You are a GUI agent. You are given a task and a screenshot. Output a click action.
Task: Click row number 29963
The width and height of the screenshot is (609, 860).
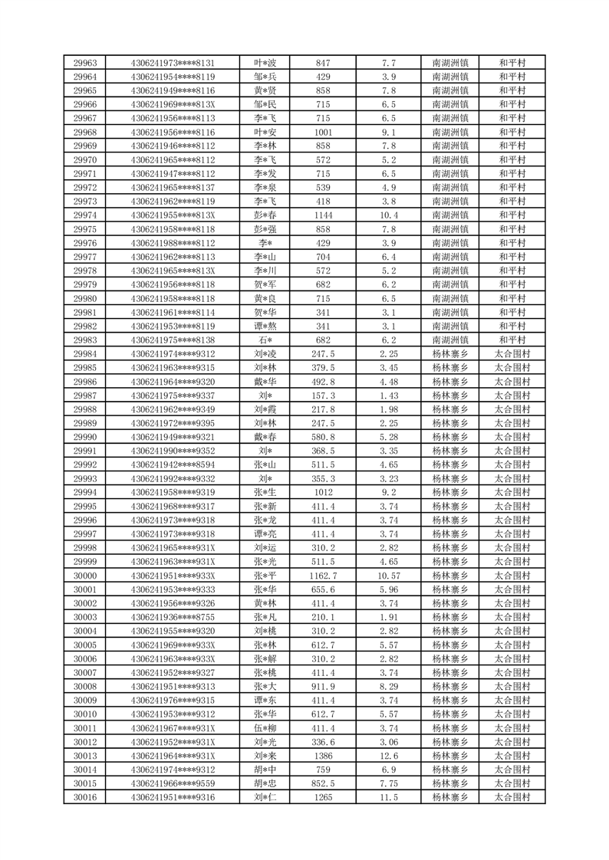point(84,63)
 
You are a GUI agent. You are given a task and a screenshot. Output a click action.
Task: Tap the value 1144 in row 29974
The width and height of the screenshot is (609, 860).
point(323,215)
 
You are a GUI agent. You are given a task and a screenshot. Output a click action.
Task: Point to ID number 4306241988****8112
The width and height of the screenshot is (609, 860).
point(173,243)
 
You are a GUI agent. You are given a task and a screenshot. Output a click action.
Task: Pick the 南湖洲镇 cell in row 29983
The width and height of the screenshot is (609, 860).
point(451,340)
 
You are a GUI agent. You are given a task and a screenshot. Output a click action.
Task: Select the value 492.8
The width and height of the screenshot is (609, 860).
point(323,382)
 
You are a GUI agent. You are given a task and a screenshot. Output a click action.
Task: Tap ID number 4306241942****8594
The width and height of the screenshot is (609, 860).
point(173,464)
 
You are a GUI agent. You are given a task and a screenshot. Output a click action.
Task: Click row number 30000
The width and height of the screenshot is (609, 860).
point(84,576)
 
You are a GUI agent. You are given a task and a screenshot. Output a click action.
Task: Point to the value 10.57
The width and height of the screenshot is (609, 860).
point(388,576)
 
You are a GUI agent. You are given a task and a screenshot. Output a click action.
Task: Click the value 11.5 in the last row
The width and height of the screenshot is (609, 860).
point(388,798)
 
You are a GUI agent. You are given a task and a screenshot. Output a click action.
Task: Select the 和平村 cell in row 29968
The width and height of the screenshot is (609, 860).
point(512,133)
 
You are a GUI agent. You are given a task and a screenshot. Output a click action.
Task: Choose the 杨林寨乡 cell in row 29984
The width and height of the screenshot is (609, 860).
point(451,354)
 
